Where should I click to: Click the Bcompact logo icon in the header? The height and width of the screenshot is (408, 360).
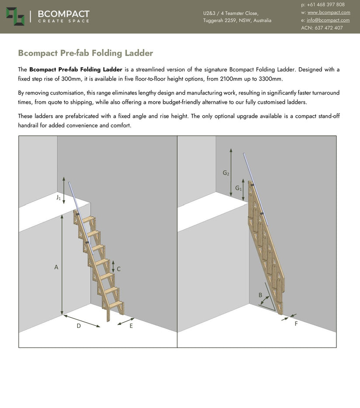(x=15, y=16)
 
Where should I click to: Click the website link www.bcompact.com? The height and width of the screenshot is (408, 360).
(x=329, y=13)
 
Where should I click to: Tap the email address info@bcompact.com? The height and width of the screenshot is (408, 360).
(x=328, y=20)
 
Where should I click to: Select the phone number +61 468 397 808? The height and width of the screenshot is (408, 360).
(x=326, y=4)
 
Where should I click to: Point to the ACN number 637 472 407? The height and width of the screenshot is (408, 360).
(x=329, y=28)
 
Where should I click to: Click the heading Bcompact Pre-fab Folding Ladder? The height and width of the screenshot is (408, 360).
(x=85, y=53)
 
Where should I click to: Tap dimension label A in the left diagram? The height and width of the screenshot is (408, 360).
(x=56, y=267)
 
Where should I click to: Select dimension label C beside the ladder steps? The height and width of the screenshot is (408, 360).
(x=119, y=269)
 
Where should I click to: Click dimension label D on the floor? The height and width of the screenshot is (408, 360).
(x=79, y=326)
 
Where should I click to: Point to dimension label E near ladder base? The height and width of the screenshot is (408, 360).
(x=131, y=326)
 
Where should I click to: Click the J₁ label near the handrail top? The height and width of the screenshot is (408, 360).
(x=59, y=197)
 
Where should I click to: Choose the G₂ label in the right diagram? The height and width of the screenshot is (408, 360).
(x=226, y=172)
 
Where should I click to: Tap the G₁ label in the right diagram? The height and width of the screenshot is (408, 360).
(x=238, y=188)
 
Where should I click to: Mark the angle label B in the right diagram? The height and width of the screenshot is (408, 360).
(x=260, y=295)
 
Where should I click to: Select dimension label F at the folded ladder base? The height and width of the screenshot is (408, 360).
(x=296, y=324)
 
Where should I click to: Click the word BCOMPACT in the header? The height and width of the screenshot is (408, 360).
(x=64, y=14)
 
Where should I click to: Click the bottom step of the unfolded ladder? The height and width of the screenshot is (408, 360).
(x=115, y=304)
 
